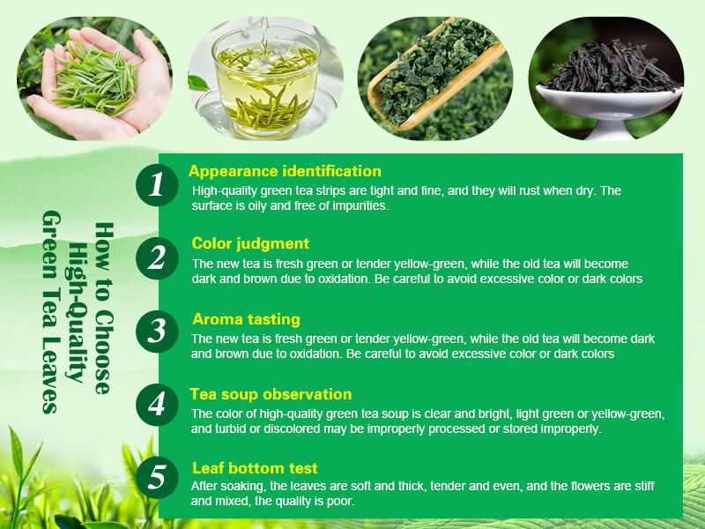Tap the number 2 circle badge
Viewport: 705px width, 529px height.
pyautogui.click(x=158, y=258)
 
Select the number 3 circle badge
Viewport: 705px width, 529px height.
pyautogui.click(x=158, y=332)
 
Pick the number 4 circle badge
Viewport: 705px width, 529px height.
pyautogui.click(x=158, y=405)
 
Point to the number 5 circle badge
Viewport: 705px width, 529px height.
pyautogui.click(x=158, y=478)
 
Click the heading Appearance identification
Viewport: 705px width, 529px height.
pyautogui.click(x=285, y=171)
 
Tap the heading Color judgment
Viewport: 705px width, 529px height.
pyautogui.click(x=250, y=243)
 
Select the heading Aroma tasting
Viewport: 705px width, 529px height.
pyautogui.click(x=246, y=319)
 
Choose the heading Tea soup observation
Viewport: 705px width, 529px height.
pyautogui.click(x=271, y=394)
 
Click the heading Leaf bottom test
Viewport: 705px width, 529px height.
pyautogui.click(x=255, y=468)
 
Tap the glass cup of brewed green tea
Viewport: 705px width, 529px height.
pyautogui.click(x=263, y=84)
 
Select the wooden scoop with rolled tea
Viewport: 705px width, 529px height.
pyautogui.click(x=432, y=75)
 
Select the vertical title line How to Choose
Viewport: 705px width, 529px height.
pyautogui.click(x=103, y=308)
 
